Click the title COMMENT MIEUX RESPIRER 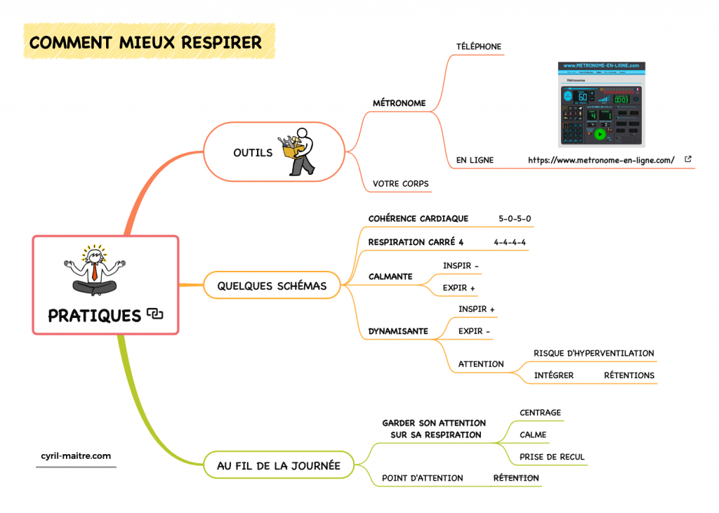coord(145,42)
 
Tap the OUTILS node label coord(253,152)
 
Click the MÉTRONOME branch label coord(399,103)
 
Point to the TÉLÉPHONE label coord(478,47)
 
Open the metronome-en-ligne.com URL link coord(601,160)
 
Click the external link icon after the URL coord(688,159)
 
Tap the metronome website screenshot coord(602,104)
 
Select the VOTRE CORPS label coord(400,184)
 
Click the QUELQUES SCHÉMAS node coord(272,286)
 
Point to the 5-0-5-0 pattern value coord(515,219)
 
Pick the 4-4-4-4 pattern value coord(510,243)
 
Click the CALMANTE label coord(390,277)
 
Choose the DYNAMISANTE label coord(398,331)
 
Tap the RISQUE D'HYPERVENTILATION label coord(593,353)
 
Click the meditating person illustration coord(98,270)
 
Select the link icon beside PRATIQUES coord(154,314)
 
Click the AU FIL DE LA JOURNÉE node coord(279,465)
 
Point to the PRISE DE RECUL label coord(552,457)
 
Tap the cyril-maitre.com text coord(76,455)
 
